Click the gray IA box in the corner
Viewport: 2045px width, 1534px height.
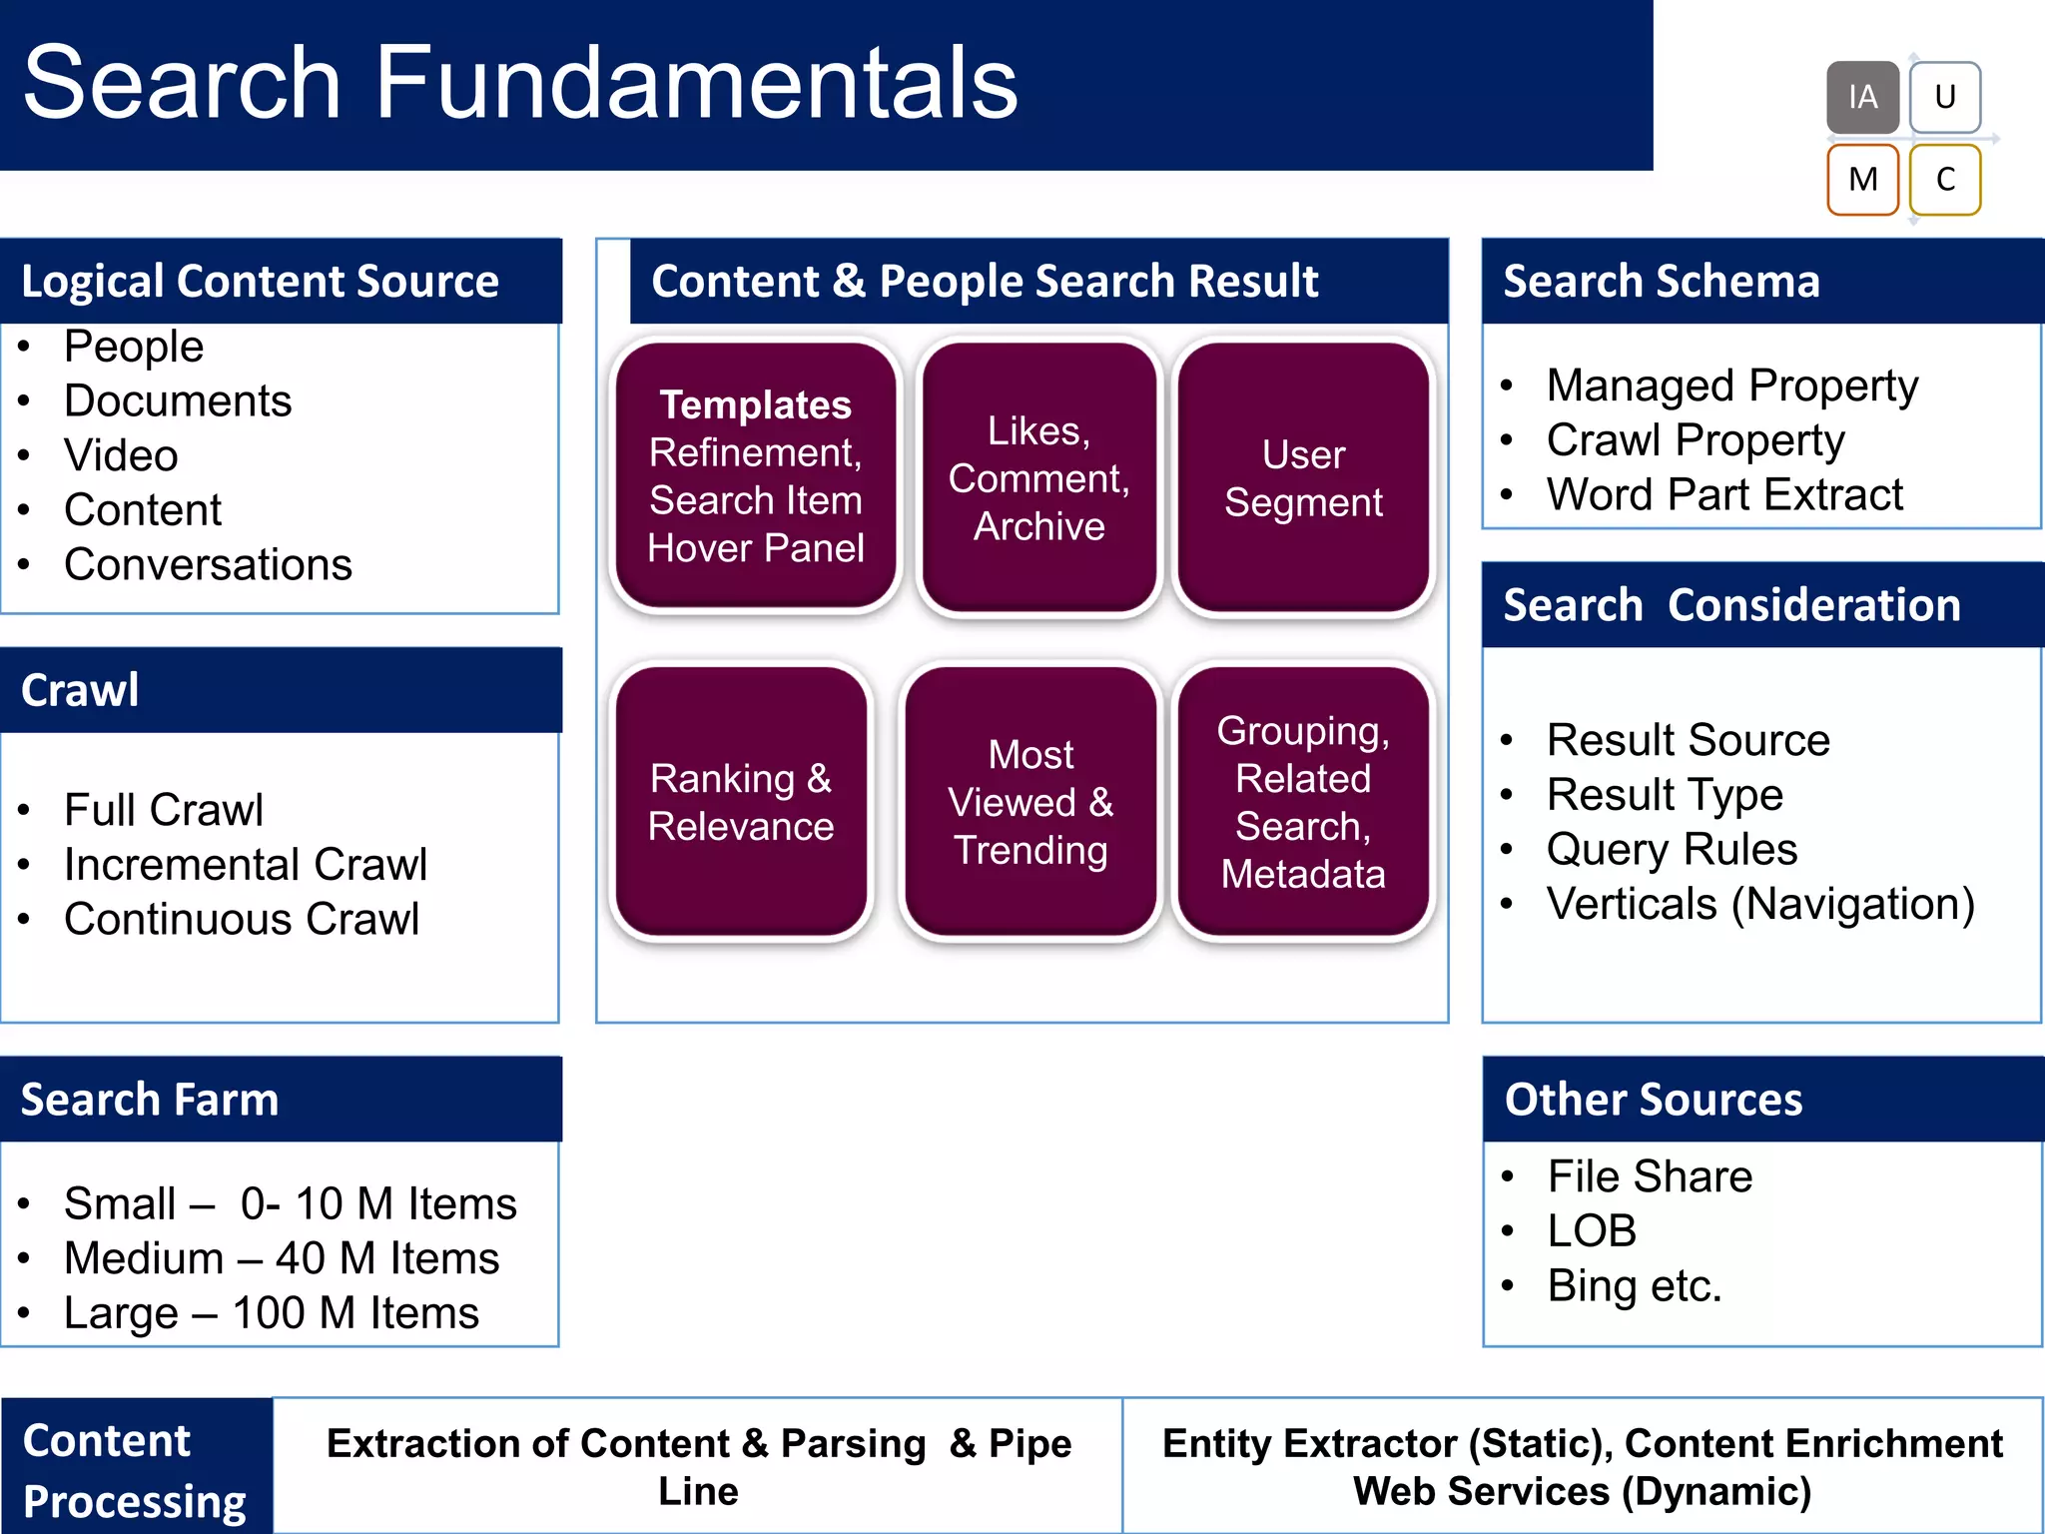[1862, 97]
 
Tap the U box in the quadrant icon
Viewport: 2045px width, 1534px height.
[1944, 97]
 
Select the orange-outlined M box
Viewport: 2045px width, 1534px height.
[1862, 180]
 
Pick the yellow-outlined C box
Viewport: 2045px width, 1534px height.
[1944, 180]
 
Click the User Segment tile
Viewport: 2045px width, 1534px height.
[1303, 477]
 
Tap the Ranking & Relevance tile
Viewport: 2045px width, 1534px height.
[741, 802]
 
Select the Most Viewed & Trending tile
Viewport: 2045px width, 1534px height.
[1030, 802]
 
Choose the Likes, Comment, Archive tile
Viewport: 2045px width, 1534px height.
[1038, 477]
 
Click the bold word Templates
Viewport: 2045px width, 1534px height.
[755, 404]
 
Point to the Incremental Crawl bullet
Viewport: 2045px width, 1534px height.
[245, 864]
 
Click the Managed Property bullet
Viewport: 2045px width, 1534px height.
[1731, 385]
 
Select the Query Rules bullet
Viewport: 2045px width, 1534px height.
[1672, 849]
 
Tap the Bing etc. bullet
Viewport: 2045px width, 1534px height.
[1634, 1285]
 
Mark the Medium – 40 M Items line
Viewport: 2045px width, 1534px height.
[281, 1258]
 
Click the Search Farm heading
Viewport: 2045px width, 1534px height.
[150, 1100]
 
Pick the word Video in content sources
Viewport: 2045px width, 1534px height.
[121, 455]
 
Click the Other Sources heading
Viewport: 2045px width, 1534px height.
[1654, 1100]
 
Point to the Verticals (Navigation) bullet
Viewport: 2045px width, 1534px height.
[1759, 904]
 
